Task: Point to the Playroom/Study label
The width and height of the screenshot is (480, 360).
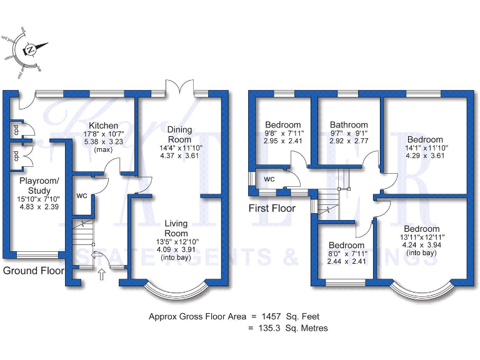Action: tap(39, 186)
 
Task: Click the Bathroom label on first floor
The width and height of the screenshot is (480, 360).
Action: tap(349, 124)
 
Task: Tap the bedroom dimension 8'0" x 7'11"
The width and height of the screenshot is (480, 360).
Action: tap(346, 254)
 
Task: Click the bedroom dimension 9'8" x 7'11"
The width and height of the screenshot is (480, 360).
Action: tap(283, 133)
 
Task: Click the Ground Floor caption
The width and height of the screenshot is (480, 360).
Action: tap(33, 271)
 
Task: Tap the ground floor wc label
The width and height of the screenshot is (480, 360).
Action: tap(81, 196)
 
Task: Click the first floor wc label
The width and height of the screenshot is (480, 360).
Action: tap(269, 179)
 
